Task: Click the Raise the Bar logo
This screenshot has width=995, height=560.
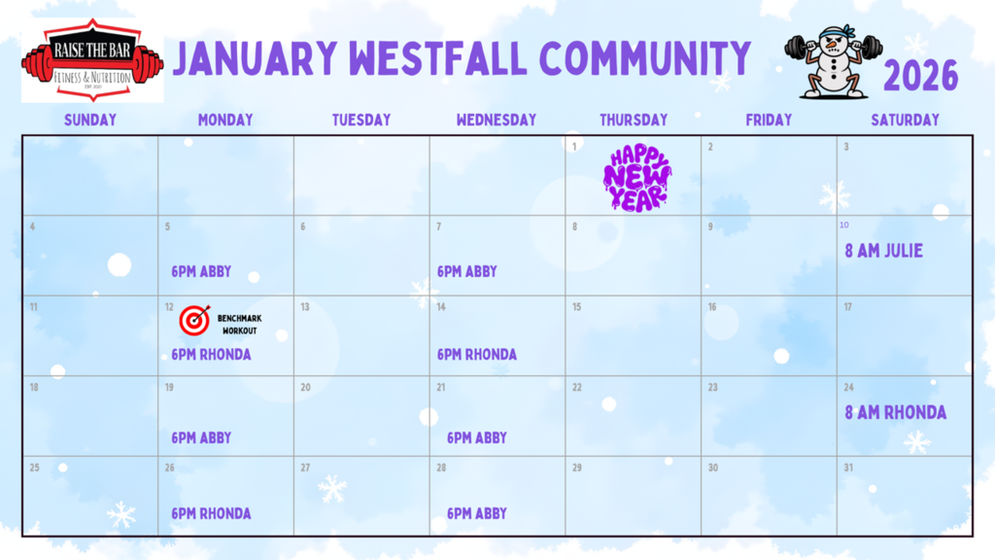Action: point(92,60)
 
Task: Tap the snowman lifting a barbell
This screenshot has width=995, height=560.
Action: point(834,61)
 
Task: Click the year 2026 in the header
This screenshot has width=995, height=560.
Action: point(920,76)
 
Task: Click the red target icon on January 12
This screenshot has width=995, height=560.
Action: point(194,320)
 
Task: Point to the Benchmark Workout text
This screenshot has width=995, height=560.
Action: point(239,324)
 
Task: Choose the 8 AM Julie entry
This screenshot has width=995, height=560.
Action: point(883,251)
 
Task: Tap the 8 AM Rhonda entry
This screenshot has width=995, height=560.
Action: point(895,412)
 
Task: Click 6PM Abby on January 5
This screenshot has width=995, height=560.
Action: point(201,272)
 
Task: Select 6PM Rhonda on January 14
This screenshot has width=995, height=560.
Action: point(477,355)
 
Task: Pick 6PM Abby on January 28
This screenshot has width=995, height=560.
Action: point(477,513)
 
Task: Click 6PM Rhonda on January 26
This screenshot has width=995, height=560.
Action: point(211,513)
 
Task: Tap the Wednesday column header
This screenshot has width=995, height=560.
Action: point(496,121)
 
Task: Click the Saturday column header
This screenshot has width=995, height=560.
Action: point(905,121)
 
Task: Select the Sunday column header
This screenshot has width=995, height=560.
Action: point(89,121)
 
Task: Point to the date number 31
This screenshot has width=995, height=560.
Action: point(848,468)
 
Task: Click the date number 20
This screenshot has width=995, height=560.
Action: point(305,387)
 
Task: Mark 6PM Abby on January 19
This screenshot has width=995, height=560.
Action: point(201,437)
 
